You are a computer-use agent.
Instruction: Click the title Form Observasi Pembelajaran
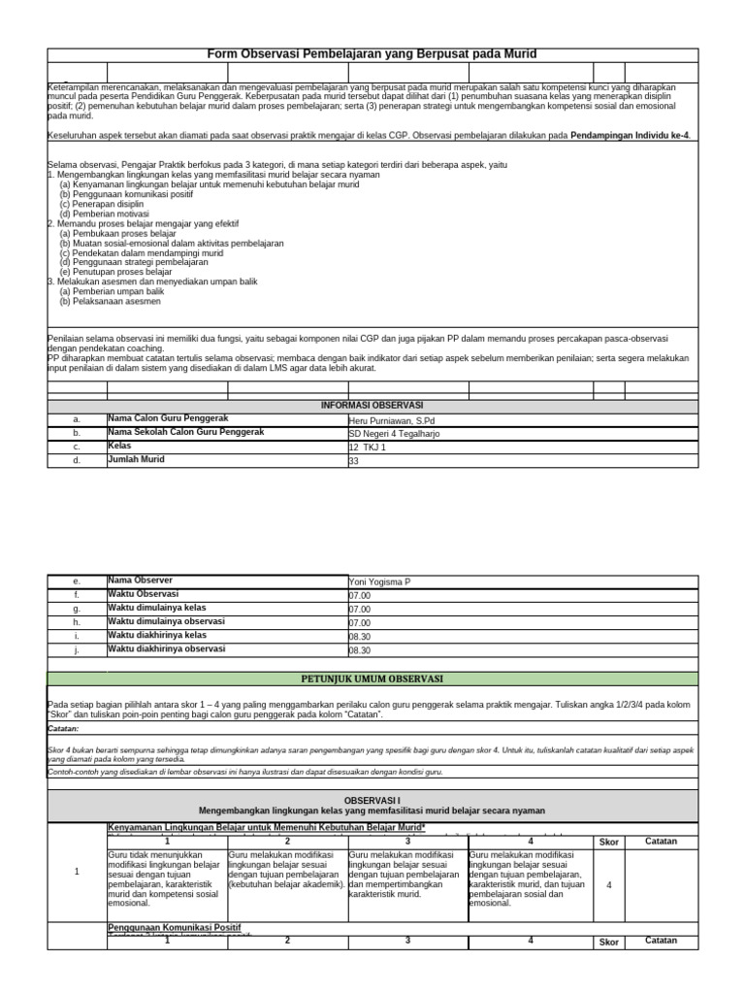click(x=372, y=54)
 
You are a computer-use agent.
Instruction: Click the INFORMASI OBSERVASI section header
click(x=372, y=405)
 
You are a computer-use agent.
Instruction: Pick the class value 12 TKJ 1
click(x=367, y=447)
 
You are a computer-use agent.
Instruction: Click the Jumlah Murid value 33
click(x=353, y=461)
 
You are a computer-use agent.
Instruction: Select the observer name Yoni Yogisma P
click(x=379, y=581)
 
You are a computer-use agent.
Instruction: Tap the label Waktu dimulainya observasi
click(x=166, y=621)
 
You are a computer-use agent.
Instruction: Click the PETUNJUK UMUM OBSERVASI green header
click(x=372, y=679)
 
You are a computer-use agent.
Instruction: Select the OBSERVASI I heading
click(x=372, y=798)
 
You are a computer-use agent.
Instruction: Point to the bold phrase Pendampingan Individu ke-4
click(x=631, y=136)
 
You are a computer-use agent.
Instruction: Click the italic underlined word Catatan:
click(x=63, y=727)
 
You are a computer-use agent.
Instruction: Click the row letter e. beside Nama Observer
click(x=77, y=581)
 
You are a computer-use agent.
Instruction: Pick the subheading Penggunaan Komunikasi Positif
click(x=174, y=928)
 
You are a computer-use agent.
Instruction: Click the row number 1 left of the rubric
click(x=77, y=872)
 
